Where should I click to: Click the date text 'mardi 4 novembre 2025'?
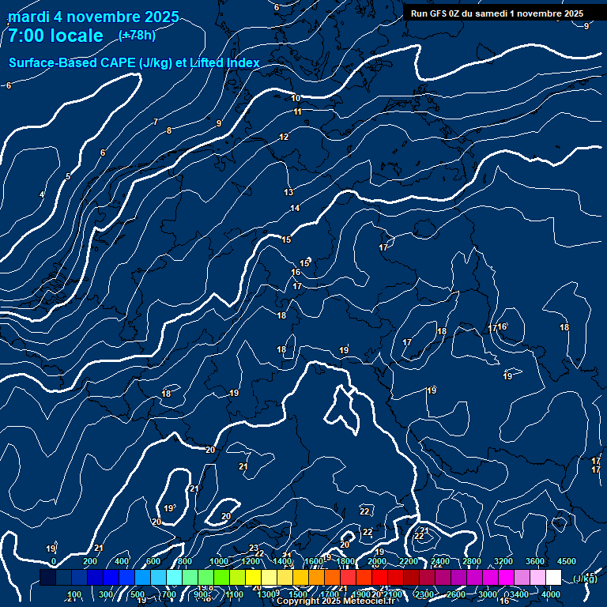[x=93, y=17]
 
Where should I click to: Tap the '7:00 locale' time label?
[x=55, y=36]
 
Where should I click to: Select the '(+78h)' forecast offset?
[x=137, y=36]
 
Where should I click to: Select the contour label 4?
[x=42, y=194]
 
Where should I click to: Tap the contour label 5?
[x=68, y=176]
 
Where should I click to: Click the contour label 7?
[x=156, y=122]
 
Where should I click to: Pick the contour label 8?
[x=169, y=130]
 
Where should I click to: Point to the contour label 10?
[x=296, y=98]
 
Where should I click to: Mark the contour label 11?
[x=298, y=111]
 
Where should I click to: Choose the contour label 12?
[x=284, y=137]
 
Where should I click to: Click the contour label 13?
[x=288, y=192]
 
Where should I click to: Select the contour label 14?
[x=295, y=208]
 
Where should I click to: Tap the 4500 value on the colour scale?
[x=567, y=561]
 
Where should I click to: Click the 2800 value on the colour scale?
[x=472, y=561]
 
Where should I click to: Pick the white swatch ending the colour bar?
[x=553, y=578]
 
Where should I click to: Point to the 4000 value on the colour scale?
[x=551, y=594]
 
